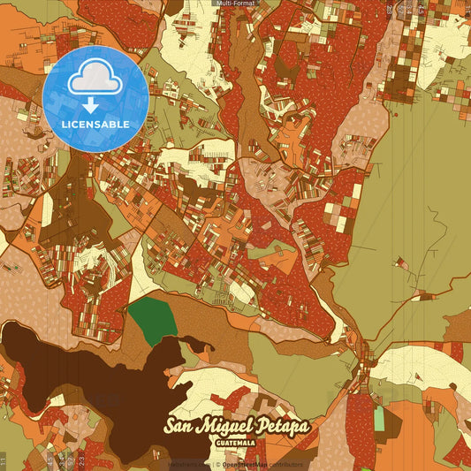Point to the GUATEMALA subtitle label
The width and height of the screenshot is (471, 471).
[234, 445]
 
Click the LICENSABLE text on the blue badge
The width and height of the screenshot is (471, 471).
[95, 124]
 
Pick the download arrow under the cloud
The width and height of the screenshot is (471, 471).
[95, 104]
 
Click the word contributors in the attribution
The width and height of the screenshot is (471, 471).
[285, 464]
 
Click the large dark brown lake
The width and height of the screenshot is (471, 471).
[80, 371]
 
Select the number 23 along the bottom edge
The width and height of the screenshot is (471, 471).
[81, 460]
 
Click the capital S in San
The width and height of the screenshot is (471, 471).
[168, 427]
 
